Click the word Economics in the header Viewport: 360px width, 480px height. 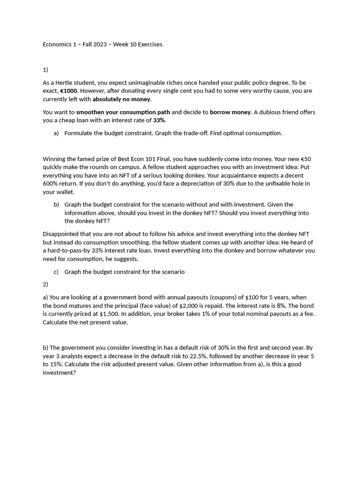tap(58, 45)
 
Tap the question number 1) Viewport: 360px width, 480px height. tap(45, 70)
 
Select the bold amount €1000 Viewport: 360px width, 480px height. tap(68, 91)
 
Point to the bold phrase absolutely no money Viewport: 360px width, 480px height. tap(121, 99)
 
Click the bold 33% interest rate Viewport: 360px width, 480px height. tap(159, 120)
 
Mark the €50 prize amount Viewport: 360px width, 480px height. tap(306, 159)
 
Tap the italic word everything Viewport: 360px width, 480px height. tap(282, 213)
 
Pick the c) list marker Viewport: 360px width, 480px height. tap(56, 272)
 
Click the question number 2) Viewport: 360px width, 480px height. tap(45, 284)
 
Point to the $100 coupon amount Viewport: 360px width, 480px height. tap(247, 297)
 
